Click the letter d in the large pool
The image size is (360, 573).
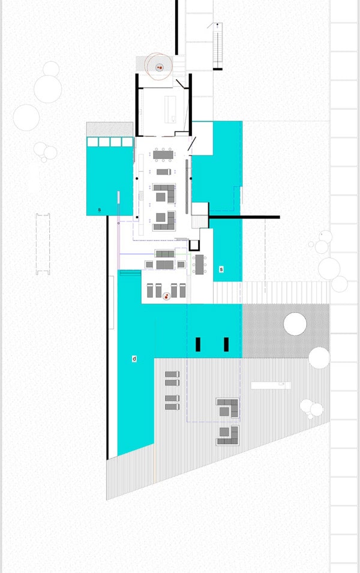point(134,359)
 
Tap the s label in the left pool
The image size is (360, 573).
point(100,210)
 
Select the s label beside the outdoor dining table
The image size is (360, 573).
point(221,269)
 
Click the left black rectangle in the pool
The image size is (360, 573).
point(198,344)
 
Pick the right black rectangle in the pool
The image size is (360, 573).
point(226,344)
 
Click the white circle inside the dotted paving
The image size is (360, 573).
point(295,324)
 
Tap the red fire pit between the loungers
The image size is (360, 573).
point(166,296)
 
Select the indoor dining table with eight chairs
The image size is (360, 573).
point(163,155)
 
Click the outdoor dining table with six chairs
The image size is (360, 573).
point(200,264)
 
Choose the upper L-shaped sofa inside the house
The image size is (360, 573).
point(164,193)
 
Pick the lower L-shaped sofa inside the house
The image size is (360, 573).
point(164,221)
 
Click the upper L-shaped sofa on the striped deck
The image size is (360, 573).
point(227,408)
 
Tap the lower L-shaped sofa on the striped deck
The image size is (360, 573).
point(228,436)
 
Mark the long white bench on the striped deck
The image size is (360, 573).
point(271,385)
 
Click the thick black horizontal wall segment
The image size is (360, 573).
point(245,217)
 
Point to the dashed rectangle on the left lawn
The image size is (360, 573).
point(43,244)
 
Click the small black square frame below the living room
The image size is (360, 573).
point(194,245)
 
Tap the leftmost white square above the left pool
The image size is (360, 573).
point(92,142)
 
